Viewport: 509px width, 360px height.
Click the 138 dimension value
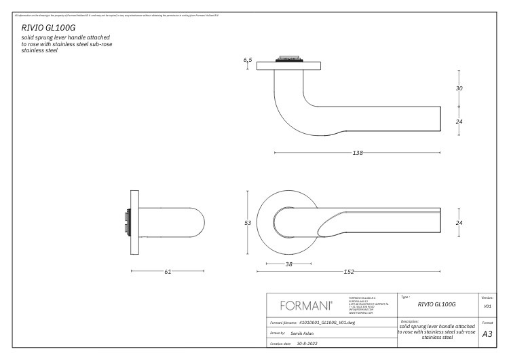tap(358, 153)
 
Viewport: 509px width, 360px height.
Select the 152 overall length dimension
tap(348, 272)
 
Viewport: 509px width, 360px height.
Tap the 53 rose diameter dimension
tap(248, 222)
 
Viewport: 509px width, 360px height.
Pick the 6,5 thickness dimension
tap(248, 60)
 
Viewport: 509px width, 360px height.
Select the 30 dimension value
tap(459, 88)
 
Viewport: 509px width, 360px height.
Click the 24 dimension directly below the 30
tap(459, 122)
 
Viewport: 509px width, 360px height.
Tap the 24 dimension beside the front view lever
tap(459, 222)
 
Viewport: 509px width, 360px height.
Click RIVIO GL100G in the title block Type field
tap(436, 304)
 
